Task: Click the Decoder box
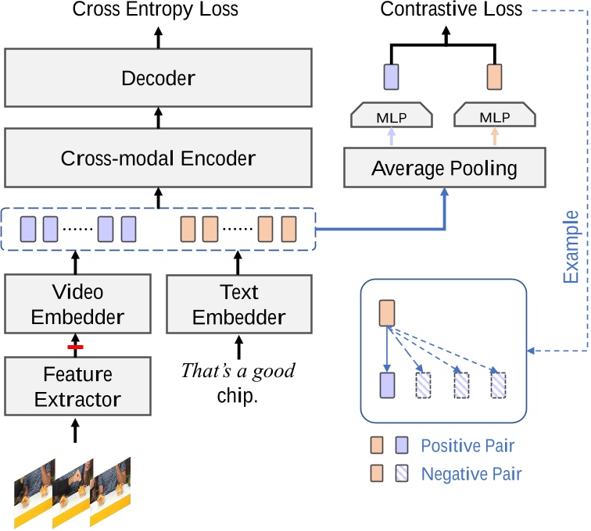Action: pyautogui.click(x=158, y=77)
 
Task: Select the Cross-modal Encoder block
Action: pyautogui.click(x=158, y=158)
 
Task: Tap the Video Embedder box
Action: pyautogui.click(x=77, y=304)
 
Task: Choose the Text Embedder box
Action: pyautogui.click(x=239, y=305)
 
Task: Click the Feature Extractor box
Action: pyautogui.click(x=77, y=387)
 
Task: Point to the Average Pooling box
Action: pyautogui.click(x=445, y=168)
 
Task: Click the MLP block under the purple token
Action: pyautogui.click(x=392, y=115)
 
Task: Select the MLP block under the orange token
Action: pyautogui.click(x=495, y=115)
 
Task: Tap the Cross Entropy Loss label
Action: pyautogui.click(x=156, y=9)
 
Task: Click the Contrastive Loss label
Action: pyautogui.click(x=451, y=9)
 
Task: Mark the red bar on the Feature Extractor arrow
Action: pyautogui.click(x=75, y=347)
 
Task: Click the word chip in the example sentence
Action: pyautogui.click(x=238, y=396)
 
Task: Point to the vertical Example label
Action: pyautogui.click(x=571, y=247)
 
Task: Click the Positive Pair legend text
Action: pyautogui.click(x=467, y=446)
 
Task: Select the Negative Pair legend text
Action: pyautogui.click(x=471, y=474)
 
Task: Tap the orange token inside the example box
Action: pyautogui.click(x=387, y=313)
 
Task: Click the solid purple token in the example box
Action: pyautogui.click(x=387, y=385)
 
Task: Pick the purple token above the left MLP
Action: pyautogui.click(x=391, y=77)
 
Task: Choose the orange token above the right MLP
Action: pyautogui.click(x=495, y=77)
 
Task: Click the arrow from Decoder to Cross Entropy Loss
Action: pyautogui.click(x=158, y=37)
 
